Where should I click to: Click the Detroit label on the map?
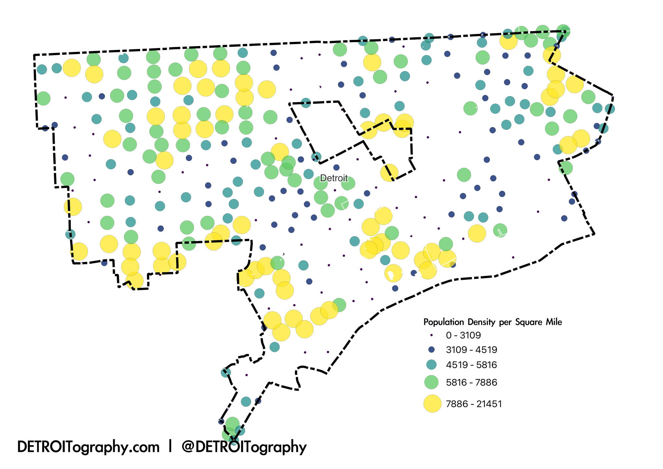click(333, 178)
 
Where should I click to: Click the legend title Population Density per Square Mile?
click(492, 322)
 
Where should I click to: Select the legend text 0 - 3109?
click(463, 335)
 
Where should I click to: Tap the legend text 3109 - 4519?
click(471, 350)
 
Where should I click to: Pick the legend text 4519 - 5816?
click(471, 365)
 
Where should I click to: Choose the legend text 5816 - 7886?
click(471, 382)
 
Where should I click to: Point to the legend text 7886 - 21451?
click(474, 404)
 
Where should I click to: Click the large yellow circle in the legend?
click(432, 404)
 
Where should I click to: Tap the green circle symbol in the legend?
click(431, 382)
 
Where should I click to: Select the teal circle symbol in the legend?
click(431, 365)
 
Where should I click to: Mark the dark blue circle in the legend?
click(431, 350)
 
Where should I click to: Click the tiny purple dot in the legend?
click(431, 335)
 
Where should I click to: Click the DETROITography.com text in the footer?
click(88, 447)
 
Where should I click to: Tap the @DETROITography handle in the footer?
click(244, 447)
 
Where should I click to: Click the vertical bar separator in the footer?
click(170, 446)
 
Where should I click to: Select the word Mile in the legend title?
click(554, 322)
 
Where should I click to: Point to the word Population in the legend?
click(444, 322)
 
